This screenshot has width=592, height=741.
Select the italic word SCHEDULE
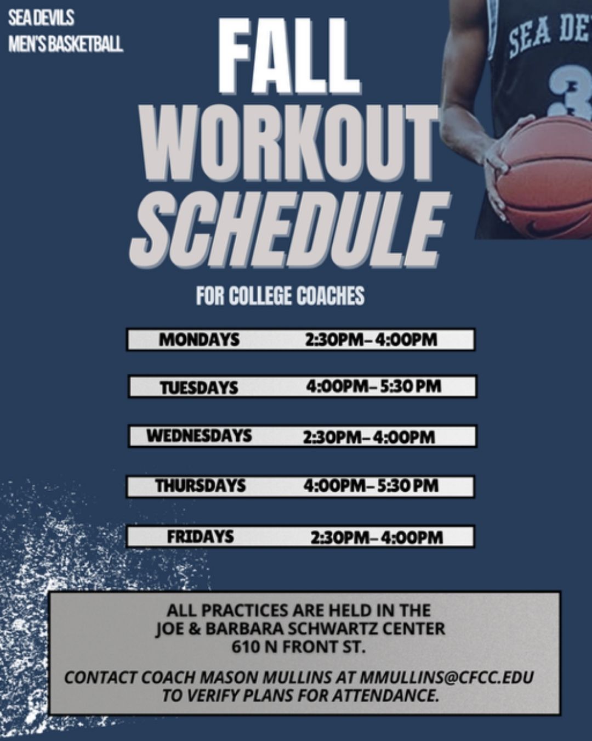click(289, 229)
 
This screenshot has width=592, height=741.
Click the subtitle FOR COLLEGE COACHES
click(280, 295)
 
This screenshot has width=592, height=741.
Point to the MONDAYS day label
click(199, 340)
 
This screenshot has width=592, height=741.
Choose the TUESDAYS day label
click(199, 388)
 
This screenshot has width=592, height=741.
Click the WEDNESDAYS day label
click(199, 436)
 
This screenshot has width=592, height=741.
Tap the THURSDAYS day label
click(200, 486)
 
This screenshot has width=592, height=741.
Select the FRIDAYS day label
click(200, 536)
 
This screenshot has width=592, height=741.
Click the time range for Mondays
click(371, 340)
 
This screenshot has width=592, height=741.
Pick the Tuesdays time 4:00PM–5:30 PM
click(373, 386)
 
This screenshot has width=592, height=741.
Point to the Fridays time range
click(377, 538)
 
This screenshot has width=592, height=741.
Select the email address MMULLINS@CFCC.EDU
click(447, 677)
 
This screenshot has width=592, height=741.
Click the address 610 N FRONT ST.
click(298, 648)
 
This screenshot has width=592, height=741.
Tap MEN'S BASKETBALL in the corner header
click(66, 44)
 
